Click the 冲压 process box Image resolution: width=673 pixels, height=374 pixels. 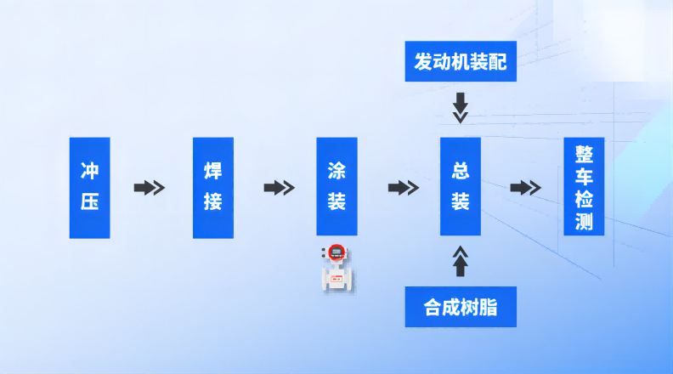pyautogui.click(x=89, y=187)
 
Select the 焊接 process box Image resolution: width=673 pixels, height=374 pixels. pyautogui.click(x=212, y=187)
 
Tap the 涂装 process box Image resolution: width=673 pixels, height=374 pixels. pyautogui.click(x=336, y=187)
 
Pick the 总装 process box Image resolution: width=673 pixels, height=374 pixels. pyautogui.click(x=460, y=187)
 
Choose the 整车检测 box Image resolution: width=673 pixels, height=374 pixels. pyautogui.click(x=584, y=187)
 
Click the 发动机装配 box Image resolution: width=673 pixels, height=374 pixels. pyautogui.click(x=460, y=63)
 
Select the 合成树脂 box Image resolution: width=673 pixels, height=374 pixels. pyautogui.click(x=460, y=307)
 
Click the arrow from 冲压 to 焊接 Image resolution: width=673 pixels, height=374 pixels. pyautogui.click(x=149, y=188)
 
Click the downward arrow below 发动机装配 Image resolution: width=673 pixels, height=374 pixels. pyautogui.click(x=460, y=108)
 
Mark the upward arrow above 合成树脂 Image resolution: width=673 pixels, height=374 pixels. pyautogui.click(x=460, y=261)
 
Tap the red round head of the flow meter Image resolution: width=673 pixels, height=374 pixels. pyautogui.click(x=336, y=252)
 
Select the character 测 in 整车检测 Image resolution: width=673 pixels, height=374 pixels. pyautogui.click(x=584, y=223)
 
